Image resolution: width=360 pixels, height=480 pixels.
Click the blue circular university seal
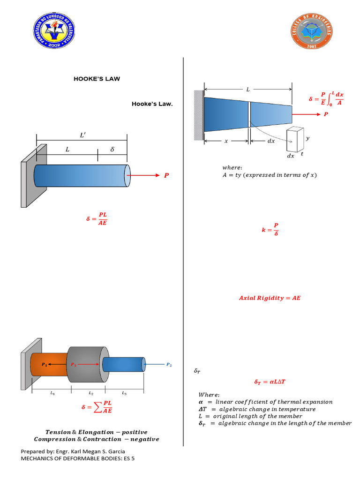click(56, 30)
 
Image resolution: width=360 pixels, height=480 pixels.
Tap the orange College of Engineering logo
click(312, 31)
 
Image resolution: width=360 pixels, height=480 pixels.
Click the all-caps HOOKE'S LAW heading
click(97, 79)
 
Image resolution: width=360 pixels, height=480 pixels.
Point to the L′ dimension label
click(82, 135)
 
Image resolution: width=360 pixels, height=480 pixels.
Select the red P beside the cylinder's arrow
click(165, 176)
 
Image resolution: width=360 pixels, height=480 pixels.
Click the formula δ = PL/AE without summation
click(97, 219)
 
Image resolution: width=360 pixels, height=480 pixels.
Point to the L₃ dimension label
click(124, 393)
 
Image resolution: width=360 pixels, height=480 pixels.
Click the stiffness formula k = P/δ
click(270, 230)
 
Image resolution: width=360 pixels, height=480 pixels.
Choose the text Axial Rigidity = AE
click(270, 298)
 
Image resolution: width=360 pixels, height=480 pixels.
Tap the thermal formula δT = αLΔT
click(270, 382)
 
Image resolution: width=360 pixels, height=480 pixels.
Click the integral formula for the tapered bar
click(326, 99)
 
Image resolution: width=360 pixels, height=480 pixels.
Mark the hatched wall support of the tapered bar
click(199, 115)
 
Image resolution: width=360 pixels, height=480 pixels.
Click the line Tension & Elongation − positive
click(96, 432)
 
